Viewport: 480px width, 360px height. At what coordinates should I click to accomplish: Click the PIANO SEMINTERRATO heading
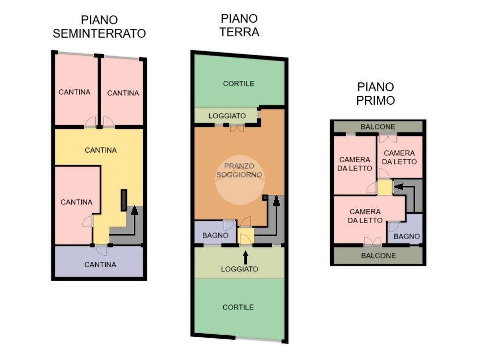tap(99, 27)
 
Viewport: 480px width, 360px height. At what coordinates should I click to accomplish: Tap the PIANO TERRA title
tap(240, 25)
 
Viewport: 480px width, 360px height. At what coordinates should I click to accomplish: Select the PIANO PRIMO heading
tap(376, 93)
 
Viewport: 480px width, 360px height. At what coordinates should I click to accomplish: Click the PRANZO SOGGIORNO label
tap(240, 170)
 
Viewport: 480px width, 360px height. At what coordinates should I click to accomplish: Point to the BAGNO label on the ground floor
tap(215, 235)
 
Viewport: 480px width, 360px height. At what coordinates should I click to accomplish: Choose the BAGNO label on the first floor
tap(407, 237)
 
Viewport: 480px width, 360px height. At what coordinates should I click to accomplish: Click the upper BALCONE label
tap(378, 126)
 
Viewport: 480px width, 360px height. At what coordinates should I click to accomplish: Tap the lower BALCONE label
tap(378, 255)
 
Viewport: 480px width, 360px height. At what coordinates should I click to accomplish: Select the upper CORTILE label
tap(239, 83)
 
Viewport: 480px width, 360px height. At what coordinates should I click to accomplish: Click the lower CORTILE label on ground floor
tap(238, 307)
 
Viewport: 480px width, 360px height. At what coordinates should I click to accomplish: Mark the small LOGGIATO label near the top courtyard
tap(227, 116)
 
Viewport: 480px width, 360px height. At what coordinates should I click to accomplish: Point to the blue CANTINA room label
tap(100, 264)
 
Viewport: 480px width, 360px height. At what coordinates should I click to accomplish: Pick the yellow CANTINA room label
tap(101, 150)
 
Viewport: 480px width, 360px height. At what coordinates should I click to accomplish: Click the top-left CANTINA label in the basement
tap(74, 92)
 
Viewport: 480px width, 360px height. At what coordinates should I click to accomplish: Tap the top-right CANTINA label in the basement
tap(123, 93)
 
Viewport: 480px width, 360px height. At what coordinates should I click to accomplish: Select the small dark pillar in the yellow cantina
tap(124, 200)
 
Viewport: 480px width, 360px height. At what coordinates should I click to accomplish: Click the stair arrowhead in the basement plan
tap(133, 210)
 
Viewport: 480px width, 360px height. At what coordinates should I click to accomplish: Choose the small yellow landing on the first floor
tap(384, 187)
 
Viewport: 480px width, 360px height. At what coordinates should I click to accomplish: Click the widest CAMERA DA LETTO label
tap(365, 216)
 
